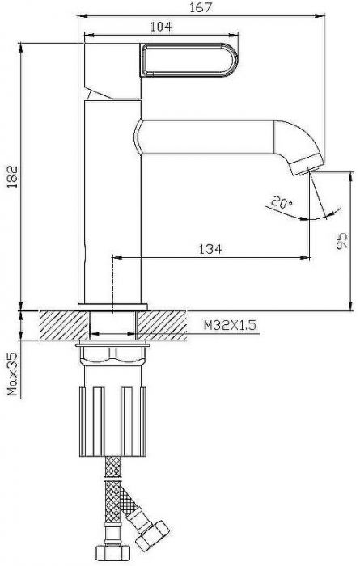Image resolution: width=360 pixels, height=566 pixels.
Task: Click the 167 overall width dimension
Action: click(201, 7)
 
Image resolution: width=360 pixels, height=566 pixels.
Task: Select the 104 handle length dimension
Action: click(161, 27)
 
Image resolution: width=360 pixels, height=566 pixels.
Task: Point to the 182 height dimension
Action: click(12, 176)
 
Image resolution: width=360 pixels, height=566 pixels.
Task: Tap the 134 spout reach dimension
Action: click(210, 249)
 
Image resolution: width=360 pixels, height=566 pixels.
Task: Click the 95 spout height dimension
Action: click(341, 241)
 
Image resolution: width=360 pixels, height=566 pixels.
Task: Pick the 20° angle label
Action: click(282, 202)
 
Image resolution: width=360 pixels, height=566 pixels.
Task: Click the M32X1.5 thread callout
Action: click(230, 326)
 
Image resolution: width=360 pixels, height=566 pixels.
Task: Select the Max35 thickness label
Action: click(13, 374)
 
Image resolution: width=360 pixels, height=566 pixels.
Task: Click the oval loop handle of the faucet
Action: click(189, 60)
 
